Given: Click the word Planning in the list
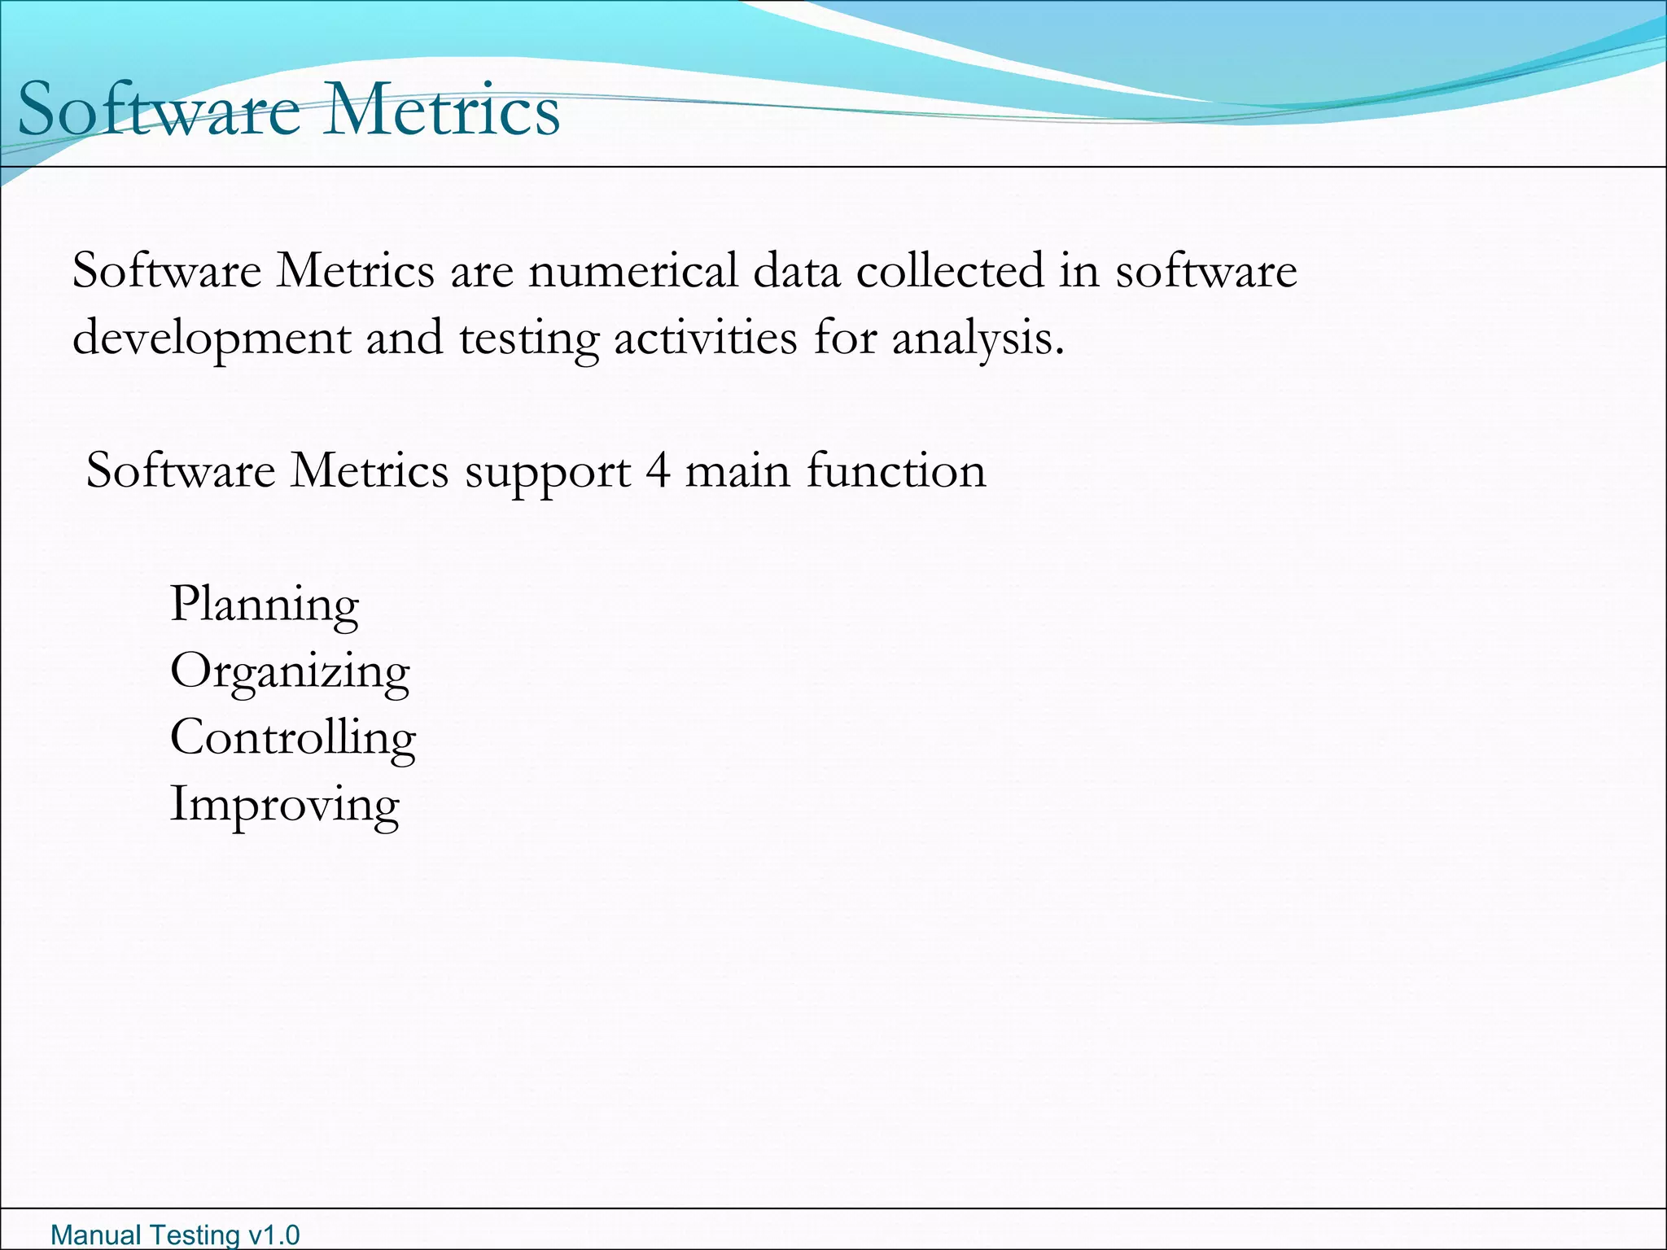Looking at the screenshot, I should pyautogui.click(x=264, y=605).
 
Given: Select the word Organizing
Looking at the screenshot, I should pyautogui.click(x=290, y=672).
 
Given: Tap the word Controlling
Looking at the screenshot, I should pyautogui.click(x=293, y=738).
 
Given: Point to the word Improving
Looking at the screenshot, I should pyautogui.click(x=284, y=805).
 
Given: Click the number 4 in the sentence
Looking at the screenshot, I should pyautogui.click(x=658, y=470).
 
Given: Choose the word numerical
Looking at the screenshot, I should pyautogui.click(x=633, y=270).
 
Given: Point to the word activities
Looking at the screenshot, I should pyautogui.click(x=706, y=337).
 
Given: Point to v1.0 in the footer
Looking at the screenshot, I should pyautogui.click(x=273, y=1235).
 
